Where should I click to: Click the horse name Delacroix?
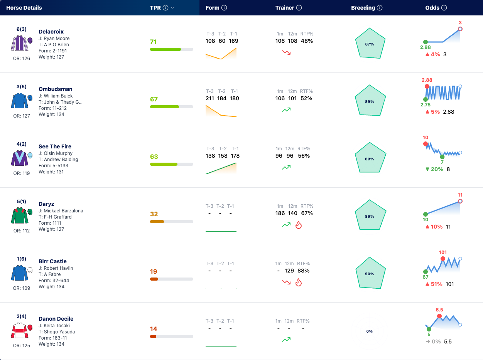[51, 32]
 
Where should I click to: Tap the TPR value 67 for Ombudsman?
[154, 99]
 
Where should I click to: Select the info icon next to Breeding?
[380, 8]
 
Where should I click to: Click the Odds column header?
[432, 8]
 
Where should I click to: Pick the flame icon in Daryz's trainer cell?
[298, 225]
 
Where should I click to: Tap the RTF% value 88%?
[304, 271]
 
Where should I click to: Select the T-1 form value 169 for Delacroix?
[233, 41]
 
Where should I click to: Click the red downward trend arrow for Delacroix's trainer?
[286, 52]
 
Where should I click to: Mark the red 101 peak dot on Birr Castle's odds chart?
[443, 259]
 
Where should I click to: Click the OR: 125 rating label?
[21, 345]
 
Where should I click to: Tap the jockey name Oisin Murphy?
[58, 153]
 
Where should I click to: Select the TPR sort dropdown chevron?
[172, 8]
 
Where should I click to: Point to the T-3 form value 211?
[210, 98]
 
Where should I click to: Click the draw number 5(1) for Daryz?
[21, 201]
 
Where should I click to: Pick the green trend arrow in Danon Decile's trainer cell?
[286, 340]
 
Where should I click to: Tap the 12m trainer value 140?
[293, 213]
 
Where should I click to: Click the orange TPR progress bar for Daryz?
[157, 222]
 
